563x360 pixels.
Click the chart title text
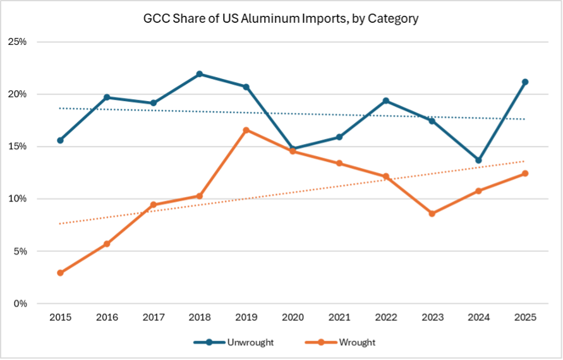point(281,19)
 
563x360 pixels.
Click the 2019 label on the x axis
point(246,318)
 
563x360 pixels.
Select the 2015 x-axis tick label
point(60,318)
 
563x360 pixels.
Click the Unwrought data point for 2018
point(200,74)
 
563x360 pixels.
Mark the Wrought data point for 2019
point(246,130)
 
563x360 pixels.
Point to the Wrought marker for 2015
point(60,273)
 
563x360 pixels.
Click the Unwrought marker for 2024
point(478,160)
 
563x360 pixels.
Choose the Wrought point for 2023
point(432,213)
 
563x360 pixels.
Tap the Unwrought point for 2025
point(524,82)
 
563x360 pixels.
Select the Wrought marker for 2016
point(107,244)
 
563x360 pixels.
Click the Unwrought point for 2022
point(385,101)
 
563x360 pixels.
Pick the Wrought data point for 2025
point(524,174)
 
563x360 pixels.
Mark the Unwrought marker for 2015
point(60,140)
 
